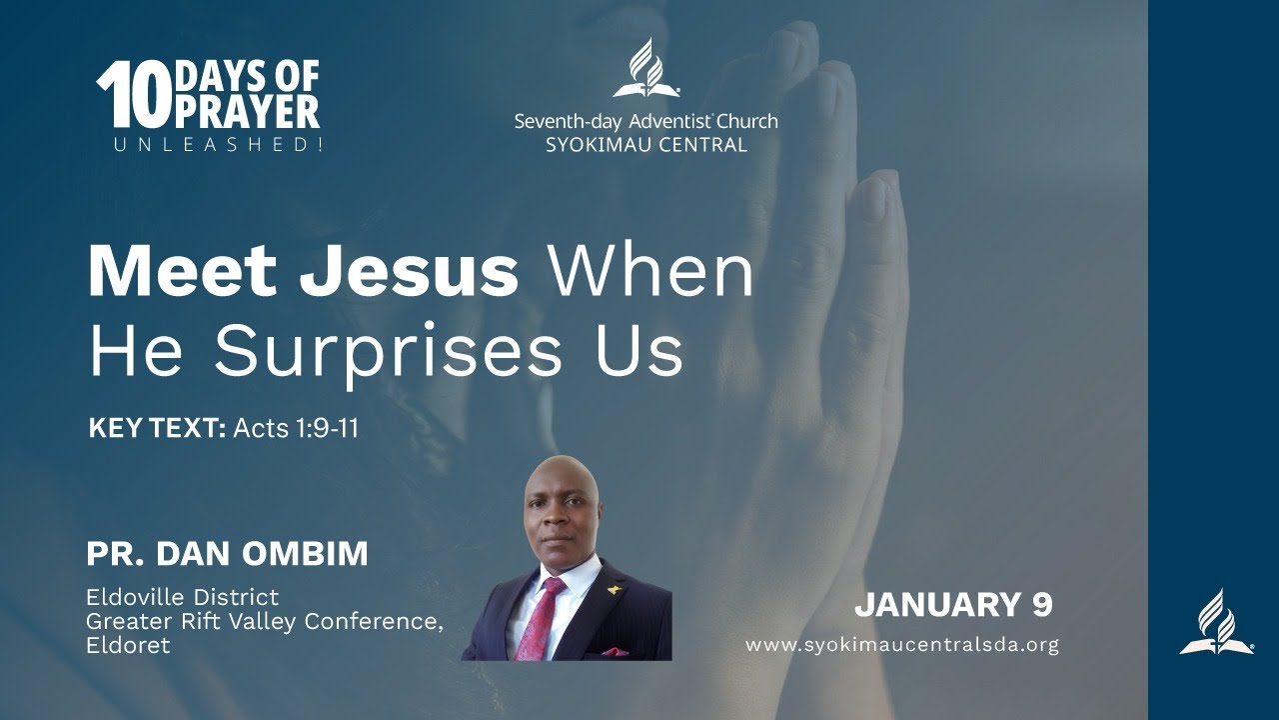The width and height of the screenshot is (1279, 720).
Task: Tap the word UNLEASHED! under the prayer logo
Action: tap(218, 145)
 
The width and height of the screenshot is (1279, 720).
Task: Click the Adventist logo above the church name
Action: tap(645, 69)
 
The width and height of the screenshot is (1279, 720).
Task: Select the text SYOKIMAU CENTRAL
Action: tap(645, 145)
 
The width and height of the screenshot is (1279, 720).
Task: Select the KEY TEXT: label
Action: tap(158, 429)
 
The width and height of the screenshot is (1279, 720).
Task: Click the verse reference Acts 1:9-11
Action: tap(296, 429)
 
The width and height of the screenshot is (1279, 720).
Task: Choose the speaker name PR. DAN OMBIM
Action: tap(227, 553)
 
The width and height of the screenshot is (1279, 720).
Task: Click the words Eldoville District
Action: tap(182, 597)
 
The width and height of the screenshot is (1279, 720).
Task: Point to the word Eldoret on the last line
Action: tap(128, 645)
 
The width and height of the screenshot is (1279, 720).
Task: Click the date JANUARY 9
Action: tap(953, 604)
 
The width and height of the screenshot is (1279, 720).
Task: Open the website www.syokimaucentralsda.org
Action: tap(901, 645)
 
